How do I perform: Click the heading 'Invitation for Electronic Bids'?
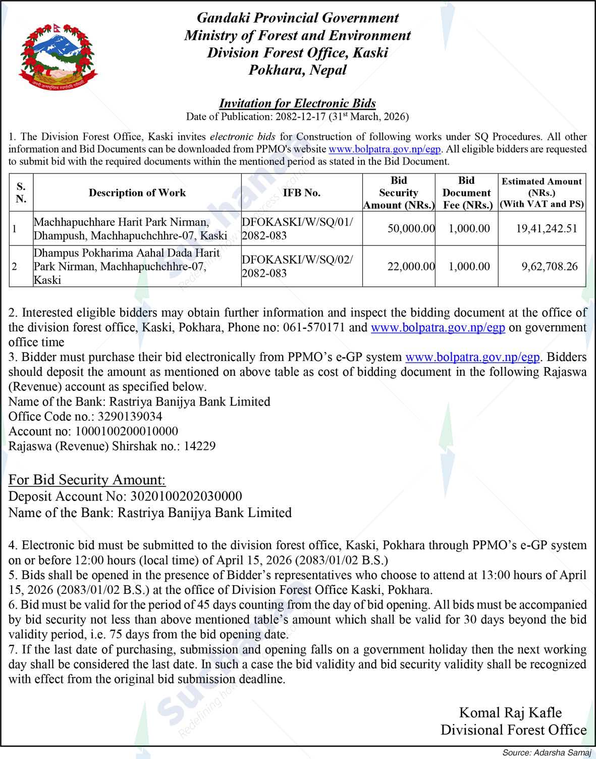coord(297,103)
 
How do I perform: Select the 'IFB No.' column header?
coord(301,193)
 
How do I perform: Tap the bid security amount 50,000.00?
coord(411,228)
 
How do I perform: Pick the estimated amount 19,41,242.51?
coord(546,228)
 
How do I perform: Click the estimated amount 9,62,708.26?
coord(549,266)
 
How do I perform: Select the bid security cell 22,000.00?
coord(411,266)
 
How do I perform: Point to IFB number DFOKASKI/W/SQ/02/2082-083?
coord(297,266)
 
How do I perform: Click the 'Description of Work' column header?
coord(137,193)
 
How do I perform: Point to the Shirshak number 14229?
coord(199,446)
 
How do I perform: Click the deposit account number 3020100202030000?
coord(186,496)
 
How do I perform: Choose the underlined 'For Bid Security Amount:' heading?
coord(87,480)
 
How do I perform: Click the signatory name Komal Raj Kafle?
coord(510,713)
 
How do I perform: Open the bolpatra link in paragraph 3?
coord(472,357)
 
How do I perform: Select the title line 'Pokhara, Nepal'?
coord(297,70)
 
